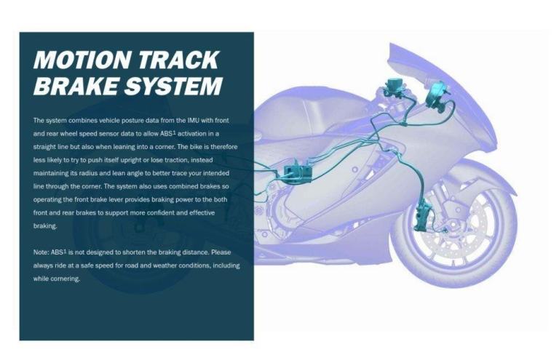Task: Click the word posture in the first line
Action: [x=119, y=119]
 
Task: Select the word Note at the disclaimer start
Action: [x=41, y=252]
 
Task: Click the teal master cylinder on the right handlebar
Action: [x=437, y=92]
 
